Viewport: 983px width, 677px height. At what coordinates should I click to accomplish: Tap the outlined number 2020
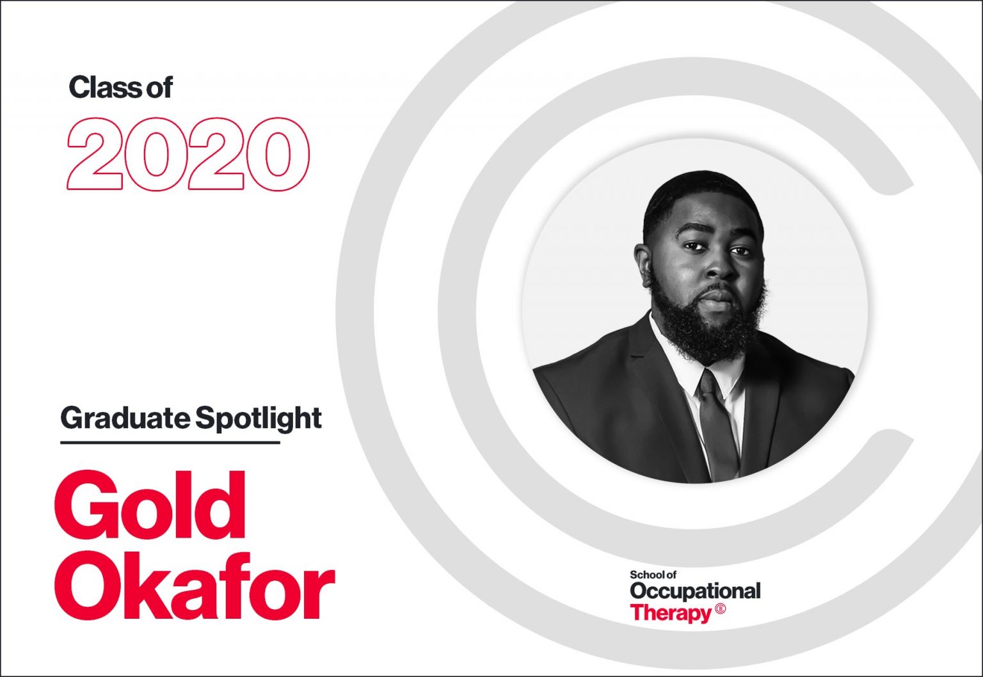(188, 154)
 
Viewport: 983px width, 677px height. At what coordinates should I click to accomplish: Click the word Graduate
(125, 418)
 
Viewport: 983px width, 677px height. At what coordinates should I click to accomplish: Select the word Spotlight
(258, 419)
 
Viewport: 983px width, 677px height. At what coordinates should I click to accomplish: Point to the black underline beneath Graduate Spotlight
(170, 442)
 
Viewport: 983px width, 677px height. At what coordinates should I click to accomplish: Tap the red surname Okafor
(195, 590)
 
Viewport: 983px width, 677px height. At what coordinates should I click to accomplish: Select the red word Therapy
(669, 613)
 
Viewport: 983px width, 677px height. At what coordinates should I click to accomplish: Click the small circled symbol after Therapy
(721, 609)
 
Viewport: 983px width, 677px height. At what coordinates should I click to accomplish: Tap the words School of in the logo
(653, 575)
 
